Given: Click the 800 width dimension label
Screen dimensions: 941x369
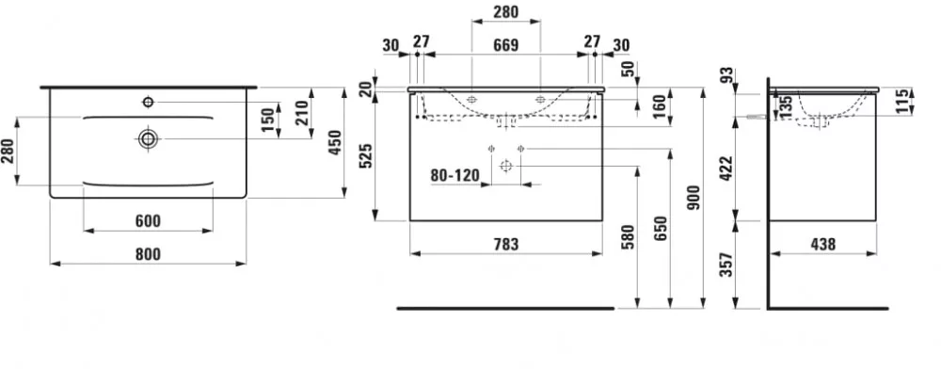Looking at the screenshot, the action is [x=148, y=254].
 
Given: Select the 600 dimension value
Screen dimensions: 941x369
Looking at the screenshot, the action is [x=148, y=221].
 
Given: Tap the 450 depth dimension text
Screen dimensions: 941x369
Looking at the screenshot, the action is [x=336, y=142].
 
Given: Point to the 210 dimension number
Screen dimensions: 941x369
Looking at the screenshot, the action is [x=302, y=113].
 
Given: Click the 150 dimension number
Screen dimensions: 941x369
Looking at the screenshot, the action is [x=269, y=120].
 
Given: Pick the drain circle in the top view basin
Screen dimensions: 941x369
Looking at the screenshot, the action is [x=148, y=139].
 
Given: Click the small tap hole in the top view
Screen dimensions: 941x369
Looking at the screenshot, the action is [x=148, y=102].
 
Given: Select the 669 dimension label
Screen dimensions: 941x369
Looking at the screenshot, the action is [x=505, y=44].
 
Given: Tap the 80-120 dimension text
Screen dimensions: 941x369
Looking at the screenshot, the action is [x=455, y=175].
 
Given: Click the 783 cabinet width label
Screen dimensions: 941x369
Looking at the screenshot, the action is [x=506, y=244].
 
